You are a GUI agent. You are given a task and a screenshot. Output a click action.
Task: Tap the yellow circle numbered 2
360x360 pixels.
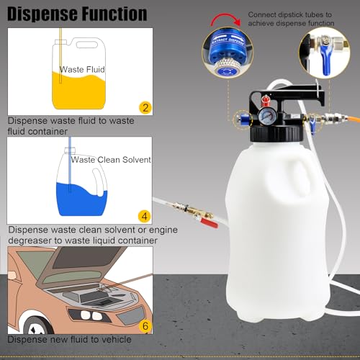(145, 108)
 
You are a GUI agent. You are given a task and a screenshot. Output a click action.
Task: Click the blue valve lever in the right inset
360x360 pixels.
(325, 69)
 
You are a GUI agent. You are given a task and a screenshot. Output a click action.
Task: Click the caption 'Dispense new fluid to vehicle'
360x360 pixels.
(70, 339)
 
